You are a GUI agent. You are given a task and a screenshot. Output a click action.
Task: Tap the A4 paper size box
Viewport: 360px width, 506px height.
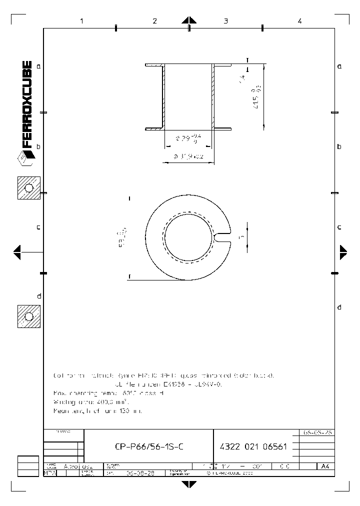(x=325, y=466)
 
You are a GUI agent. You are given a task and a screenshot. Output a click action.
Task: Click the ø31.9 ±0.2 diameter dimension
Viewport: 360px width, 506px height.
(x=189, y=156)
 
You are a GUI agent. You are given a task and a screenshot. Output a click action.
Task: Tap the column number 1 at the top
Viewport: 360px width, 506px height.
(x=81, y=21)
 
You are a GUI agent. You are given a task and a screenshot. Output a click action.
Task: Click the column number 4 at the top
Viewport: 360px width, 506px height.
(x=299, y=21)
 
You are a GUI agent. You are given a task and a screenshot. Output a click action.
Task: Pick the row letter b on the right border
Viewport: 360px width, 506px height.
(x=339, y=146)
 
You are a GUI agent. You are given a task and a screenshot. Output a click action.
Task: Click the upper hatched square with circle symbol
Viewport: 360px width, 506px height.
(x=29, y=188)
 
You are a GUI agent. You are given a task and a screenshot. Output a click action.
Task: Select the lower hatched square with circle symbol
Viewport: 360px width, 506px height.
(x=29, y=316)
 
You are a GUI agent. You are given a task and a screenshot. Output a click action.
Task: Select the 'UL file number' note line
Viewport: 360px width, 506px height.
(x=164, y=384)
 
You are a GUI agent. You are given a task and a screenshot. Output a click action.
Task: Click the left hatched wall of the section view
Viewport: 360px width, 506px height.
(x=163, y=96)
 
